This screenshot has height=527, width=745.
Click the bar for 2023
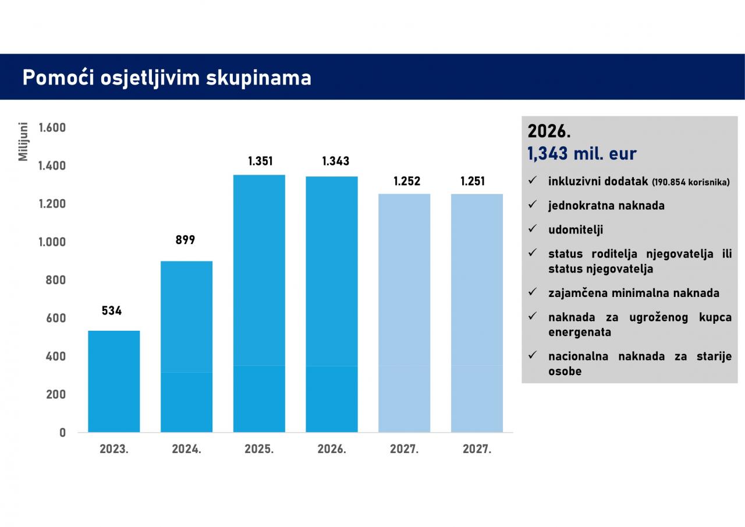[x=113, y=381]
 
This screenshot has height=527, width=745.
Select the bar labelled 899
[x=186, y=346]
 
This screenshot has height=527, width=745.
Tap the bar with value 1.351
[x=259, y=303]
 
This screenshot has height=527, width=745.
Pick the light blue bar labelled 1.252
[x=404, y=313]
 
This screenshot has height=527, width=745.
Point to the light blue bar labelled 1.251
[x=477, y=313]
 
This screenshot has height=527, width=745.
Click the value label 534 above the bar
[x=112, y=311]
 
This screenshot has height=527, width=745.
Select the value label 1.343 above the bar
[x=336, y=161]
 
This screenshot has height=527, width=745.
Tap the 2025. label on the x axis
[x=259, y=450]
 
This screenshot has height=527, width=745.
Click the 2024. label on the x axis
[x=186, y=450]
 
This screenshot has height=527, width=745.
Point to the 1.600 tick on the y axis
[x=52, y=128]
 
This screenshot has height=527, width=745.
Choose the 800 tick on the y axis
[x=56, y=280]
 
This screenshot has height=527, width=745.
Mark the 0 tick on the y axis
[x=62, y=433]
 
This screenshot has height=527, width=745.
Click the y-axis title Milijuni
[x=23, y=141]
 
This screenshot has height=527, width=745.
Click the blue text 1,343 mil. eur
[x=581, y=154]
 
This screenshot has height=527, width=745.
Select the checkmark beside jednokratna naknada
[x=532, y=205]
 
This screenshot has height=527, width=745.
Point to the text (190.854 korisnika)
[x=690, y=182]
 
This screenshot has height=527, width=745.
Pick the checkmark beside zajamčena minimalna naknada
[x=532, y=292]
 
